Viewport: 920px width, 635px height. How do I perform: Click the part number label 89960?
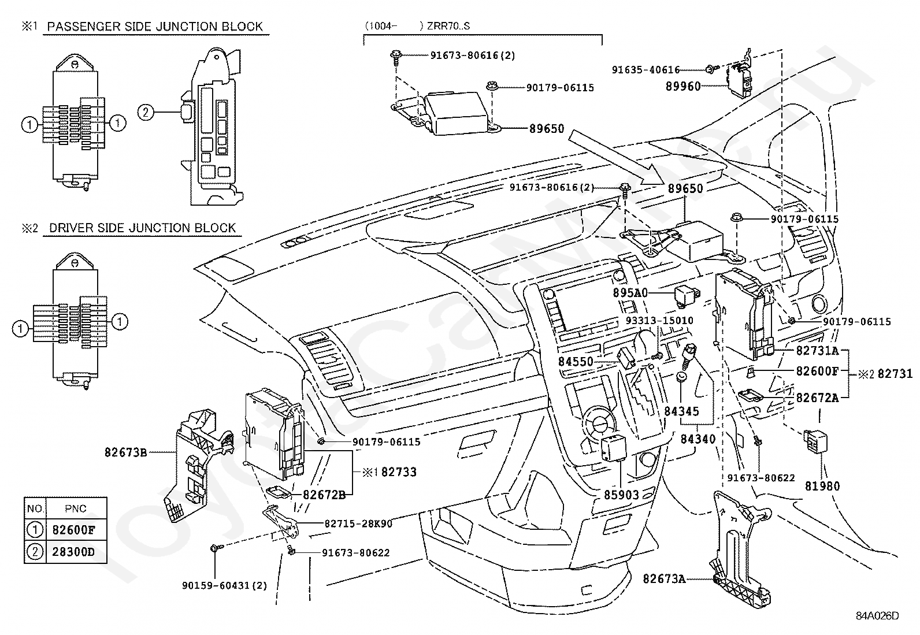[x=683, y=86]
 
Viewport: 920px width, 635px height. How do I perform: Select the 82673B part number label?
[x=126, y=452]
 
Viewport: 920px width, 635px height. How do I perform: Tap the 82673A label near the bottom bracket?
[x=664, y=578]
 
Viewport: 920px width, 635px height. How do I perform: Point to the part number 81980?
[x=822, y=486]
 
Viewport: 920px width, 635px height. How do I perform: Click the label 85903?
[x=622, y=495]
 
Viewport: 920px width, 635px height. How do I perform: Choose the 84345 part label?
[x=681, y=411]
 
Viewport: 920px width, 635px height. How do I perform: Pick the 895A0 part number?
[x=630, y=293]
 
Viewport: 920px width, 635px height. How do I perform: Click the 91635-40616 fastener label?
[x=646, y=69]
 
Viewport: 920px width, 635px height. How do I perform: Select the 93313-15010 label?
[x=659, y=320]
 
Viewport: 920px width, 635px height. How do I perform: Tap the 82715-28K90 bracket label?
[x=358, y=523]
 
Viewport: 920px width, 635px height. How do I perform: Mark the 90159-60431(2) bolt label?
[x=225, y=585]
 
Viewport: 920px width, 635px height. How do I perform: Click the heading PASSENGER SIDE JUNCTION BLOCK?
[x=155, y=27]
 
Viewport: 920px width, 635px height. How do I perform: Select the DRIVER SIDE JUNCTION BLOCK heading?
[x=142, y=228]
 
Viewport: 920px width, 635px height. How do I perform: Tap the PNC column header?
[x=76, y=508]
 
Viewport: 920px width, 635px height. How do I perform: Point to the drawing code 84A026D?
[x=877, y=616]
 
